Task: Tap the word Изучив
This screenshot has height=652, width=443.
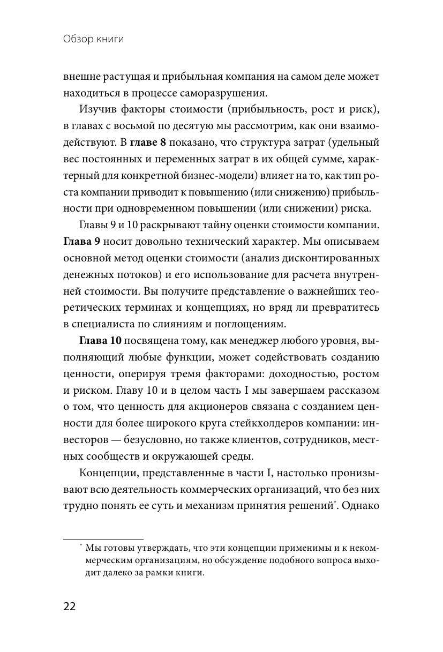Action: [96, 110]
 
